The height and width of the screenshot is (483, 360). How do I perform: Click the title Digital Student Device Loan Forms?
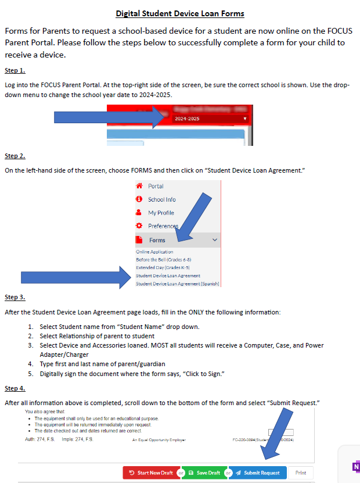coord(180,13)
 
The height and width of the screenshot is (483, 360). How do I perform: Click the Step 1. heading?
coord(15,71)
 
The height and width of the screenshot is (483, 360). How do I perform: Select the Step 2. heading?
coord(15,156)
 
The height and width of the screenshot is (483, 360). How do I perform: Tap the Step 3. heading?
coord(15,298)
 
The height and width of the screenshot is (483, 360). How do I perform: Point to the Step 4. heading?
coord(15,388)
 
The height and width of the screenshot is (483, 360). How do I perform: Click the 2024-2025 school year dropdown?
coord(209,119)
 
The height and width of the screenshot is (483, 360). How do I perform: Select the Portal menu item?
coord(156,187)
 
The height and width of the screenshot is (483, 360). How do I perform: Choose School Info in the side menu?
coord(161,199)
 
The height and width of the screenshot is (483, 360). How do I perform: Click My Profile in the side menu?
coord(161,213)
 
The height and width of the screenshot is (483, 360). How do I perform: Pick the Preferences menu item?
coord(163,226)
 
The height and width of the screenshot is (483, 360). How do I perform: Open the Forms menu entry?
coord(157,240)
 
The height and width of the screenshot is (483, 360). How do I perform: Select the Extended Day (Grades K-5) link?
coord(163,267)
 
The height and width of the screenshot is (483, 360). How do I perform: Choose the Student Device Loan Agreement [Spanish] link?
coord(177,284)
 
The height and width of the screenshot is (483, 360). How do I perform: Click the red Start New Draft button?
coord(150,473)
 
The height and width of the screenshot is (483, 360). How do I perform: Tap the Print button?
coord(300,473)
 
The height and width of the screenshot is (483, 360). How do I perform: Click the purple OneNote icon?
coord(355,467)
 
